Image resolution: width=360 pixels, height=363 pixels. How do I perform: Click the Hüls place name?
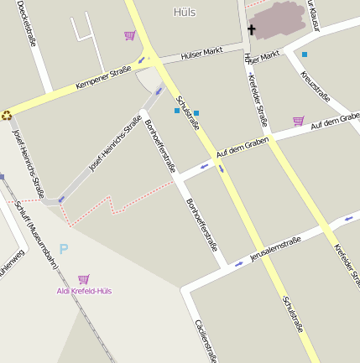click(185, 12)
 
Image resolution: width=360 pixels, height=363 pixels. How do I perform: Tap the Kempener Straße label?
click(103, 78)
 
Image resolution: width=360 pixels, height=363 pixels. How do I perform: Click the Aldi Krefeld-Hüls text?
click(84, 291)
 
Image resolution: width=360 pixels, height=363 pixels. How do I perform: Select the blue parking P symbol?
click(64, 249)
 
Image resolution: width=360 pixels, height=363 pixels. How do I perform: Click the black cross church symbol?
click(251, 29)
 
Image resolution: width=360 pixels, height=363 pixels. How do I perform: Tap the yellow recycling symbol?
click(6, 116)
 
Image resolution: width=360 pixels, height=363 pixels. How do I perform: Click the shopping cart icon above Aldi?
click(83, 279)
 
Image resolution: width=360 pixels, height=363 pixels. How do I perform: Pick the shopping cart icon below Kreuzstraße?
click(298, 121)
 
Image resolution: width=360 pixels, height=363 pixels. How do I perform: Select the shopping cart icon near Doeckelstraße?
click(129, 35)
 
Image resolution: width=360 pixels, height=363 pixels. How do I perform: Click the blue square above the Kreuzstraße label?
click(305, 54)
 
